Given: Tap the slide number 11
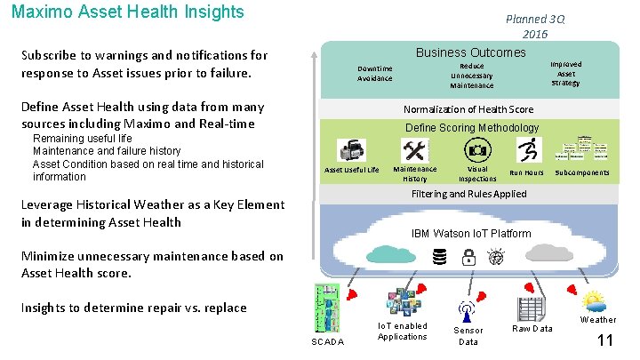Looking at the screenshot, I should point(604,340).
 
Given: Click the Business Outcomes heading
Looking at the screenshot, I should point(470,52).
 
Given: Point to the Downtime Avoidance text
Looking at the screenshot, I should point(374,74).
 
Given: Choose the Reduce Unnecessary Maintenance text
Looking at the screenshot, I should point(471,76).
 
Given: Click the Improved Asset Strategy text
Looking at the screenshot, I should point(565,74).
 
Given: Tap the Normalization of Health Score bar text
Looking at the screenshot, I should point(468,109).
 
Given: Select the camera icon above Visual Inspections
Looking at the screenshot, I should point(477,149).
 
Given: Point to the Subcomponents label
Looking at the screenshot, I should point(582,172).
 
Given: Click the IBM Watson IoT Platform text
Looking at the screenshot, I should point(471,234).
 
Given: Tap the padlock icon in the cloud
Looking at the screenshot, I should point(468,258).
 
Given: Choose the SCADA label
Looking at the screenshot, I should point(327,342).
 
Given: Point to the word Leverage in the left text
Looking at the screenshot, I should point(49,204).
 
